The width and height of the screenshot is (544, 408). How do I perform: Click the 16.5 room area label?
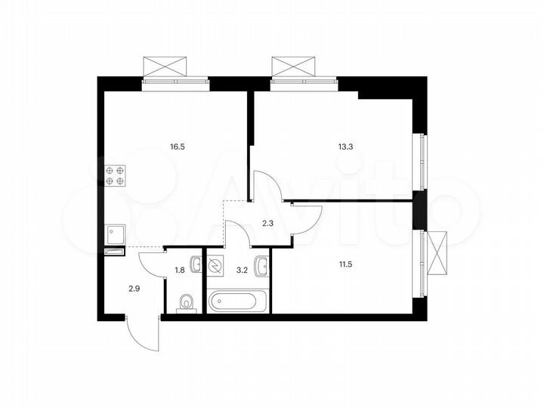178,148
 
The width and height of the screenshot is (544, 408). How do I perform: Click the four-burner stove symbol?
116,175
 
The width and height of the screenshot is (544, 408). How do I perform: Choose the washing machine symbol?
216,266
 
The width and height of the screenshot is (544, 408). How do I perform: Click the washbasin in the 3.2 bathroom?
261,265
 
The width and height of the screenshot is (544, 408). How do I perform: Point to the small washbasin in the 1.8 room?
195,265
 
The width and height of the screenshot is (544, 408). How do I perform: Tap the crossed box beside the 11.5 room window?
437,253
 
